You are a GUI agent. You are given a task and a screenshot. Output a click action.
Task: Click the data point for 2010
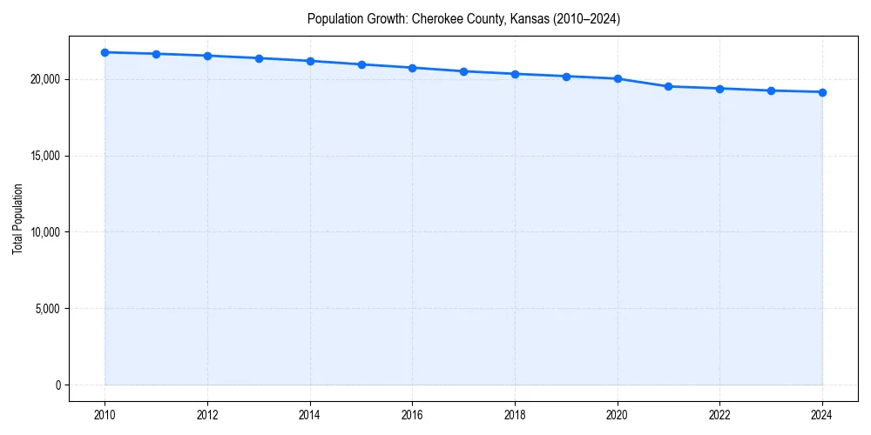coord(105,52)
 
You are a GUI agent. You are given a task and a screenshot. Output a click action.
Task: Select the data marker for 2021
coord(668,86)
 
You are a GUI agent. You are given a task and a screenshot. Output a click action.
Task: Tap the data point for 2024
coord(822,92)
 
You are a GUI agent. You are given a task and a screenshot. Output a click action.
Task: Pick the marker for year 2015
coord(361,64)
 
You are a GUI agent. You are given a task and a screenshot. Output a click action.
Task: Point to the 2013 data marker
coord(259,58)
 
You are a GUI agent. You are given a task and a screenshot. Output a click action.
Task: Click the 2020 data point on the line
coord(618,78)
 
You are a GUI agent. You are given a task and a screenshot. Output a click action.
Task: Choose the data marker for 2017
coord(463,71)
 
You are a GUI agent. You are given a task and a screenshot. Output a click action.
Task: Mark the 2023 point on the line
coord(771,90)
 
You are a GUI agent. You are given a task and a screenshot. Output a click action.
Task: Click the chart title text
coord(463,18)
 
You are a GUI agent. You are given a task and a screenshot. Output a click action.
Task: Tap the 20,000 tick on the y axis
coord(44,79)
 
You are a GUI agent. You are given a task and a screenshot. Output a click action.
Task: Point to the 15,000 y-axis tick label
coord(44,156)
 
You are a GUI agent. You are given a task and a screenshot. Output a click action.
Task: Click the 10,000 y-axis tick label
coord(44,232)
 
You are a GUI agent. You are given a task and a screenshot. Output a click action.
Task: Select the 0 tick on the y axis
coord(57,385)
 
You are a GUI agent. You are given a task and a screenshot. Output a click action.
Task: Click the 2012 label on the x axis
coord(207,415)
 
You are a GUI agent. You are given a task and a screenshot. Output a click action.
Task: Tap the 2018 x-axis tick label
coord(515,415)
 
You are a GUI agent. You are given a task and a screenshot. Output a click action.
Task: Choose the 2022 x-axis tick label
coord(719,415)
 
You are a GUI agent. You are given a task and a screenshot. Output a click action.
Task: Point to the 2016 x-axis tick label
coord(412,415)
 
